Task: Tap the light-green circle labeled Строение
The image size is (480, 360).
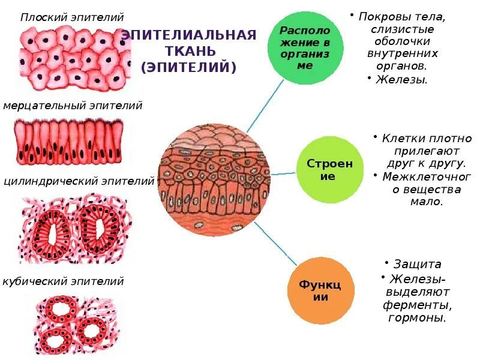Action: click(x=329, y=170)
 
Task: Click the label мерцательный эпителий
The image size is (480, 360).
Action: click(x=73, y=106)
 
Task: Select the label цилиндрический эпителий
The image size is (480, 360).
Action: click(x=79, y=181)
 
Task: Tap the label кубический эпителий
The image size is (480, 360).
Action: click(x=63, y=281)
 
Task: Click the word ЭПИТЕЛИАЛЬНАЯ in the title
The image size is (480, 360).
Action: click(x=188, y=35)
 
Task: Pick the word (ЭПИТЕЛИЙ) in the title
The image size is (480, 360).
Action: click(x=188, y=67)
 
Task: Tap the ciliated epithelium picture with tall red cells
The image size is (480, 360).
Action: click(x=67, y=142)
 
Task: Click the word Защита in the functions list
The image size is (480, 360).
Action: click(x=418, y=264)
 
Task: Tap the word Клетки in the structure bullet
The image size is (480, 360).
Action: click(x=400, y=139)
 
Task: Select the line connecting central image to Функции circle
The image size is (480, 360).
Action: click(x=276, y=244)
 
